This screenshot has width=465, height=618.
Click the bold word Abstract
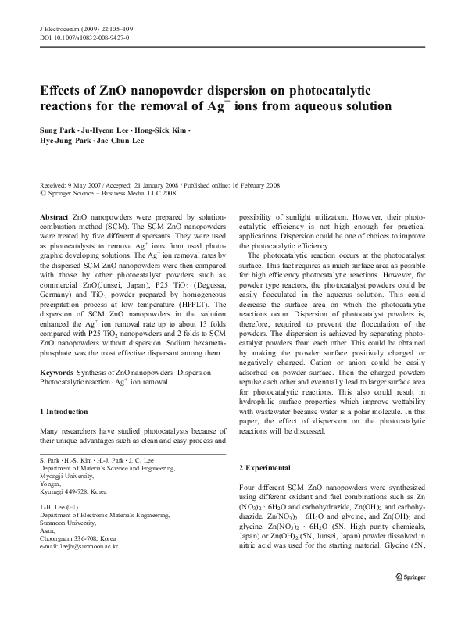pyautogui.click(x=54, y=215)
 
